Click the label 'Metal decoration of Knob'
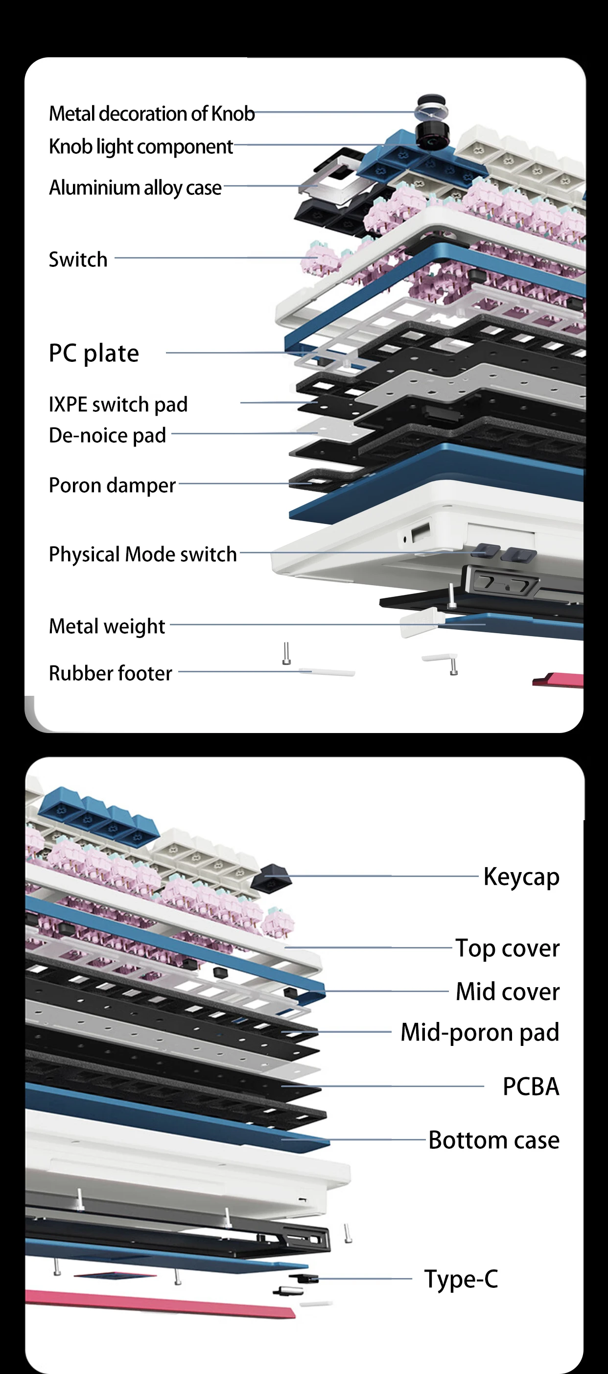tap(151, 114)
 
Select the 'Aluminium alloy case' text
tap(135, 188)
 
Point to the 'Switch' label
tap(78, 260)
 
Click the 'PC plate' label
tap(94, 353)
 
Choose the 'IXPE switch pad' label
tap(118, 404)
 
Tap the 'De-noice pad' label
tap(107, 435)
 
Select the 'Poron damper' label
tap(112, 485)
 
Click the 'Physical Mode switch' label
tap(142, 554)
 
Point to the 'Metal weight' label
tap(107, 626)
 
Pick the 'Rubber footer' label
tap(111, 673)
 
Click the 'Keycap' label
tap(521, 877)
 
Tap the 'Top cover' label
tap(507, 948)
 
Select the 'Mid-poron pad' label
tap(479, 1032)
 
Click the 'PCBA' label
tap(531, 1087)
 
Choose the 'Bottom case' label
tap(494, 1140)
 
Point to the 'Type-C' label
tap(461, 1279)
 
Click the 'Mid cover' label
tap(507, 992)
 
